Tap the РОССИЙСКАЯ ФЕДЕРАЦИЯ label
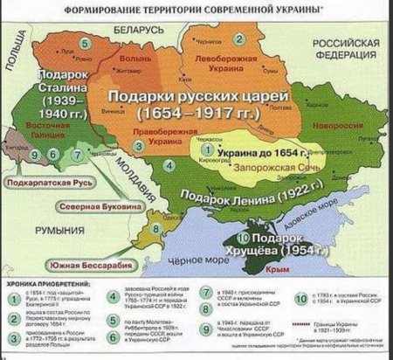click(342, 49)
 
